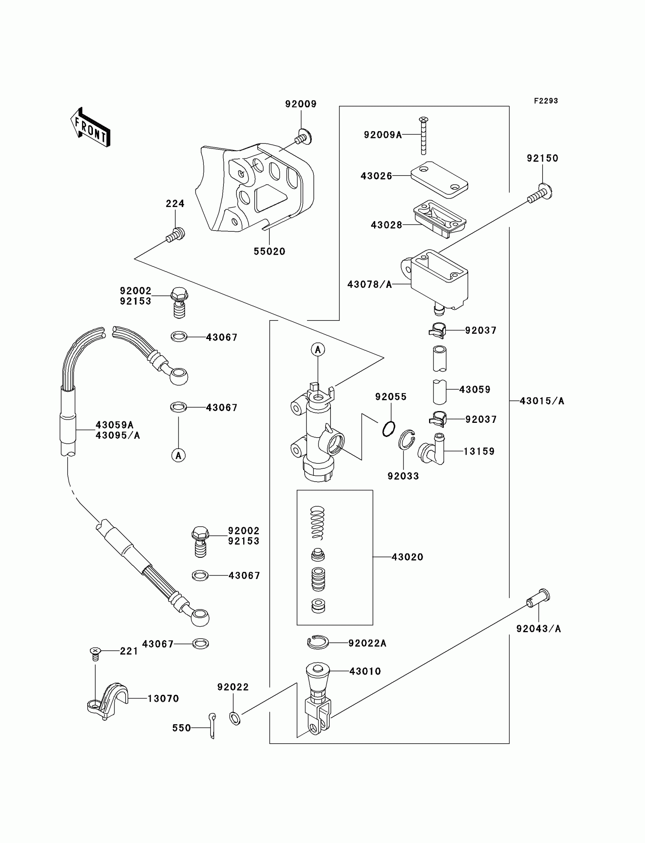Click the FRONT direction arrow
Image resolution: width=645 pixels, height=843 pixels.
91,127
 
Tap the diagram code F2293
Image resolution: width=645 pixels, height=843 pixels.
546,101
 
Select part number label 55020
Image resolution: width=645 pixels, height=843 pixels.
269,251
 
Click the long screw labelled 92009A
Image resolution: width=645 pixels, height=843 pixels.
423,136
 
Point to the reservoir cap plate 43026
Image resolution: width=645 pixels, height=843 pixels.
439,180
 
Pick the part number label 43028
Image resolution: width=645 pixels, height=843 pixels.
387,225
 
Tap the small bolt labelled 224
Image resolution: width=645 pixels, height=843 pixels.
175,235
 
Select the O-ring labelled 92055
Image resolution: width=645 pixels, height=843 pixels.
389,429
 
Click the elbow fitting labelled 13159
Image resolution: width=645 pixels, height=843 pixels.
432,449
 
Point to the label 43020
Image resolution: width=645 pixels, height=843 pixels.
407,557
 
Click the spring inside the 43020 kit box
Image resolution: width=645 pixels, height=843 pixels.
318,523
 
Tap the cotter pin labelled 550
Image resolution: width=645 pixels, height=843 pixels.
212,725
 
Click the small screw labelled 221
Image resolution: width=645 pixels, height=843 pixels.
95,654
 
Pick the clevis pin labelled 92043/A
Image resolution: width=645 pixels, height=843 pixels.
538,598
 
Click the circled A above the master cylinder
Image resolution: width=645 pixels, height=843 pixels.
318,350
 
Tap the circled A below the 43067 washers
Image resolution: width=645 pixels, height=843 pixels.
179,455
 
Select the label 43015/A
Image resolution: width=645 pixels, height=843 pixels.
542,401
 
